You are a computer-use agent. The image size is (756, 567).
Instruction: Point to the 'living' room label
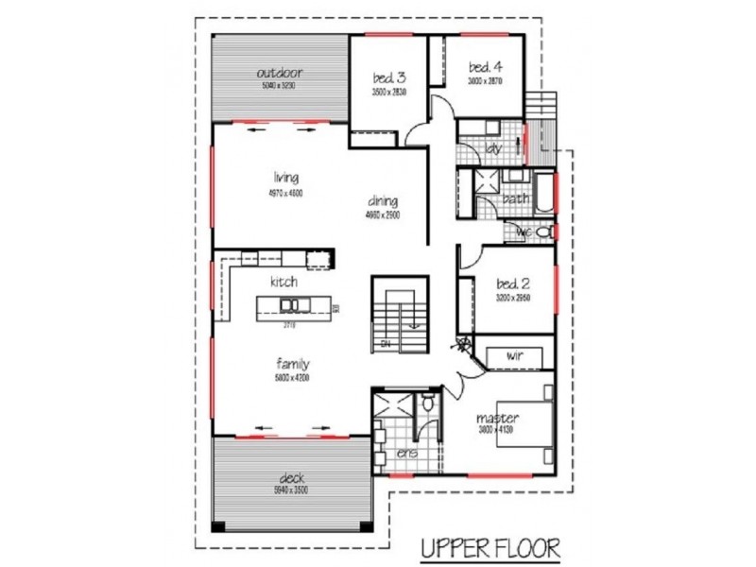286,177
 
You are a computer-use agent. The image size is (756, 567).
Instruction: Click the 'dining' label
383,200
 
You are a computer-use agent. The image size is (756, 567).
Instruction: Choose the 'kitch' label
283,282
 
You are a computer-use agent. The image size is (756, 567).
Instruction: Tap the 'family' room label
293,363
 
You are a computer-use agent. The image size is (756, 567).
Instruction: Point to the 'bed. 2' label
515,283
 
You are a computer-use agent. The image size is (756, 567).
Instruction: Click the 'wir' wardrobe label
515,355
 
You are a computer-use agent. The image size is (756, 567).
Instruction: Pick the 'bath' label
515,198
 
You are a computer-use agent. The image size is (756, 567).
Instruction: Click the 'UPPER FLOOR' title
490,547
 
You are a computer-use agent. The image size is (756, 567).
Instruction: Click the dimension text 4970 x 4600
286,192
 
